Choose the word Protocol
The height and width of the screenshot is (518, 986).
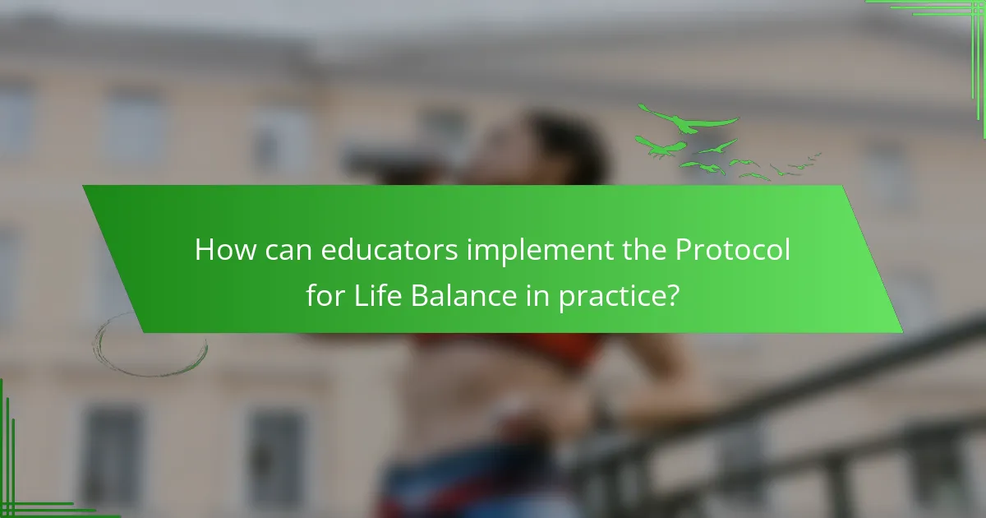point(733,250)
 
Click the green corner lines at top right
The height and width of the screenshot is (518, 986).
point(945,16)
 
